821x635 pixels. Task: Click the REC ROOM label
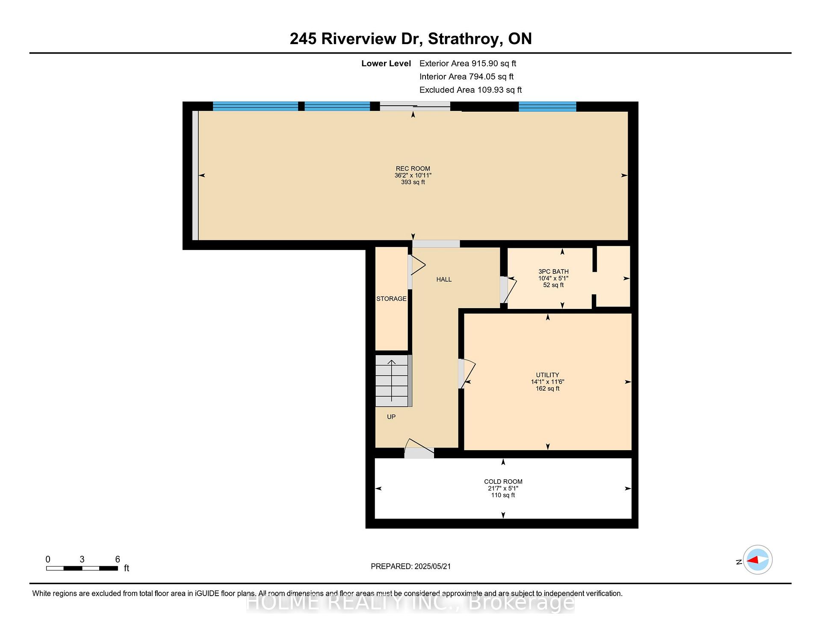(413, 169)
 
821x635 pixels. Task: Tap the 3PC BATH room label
(553, 272)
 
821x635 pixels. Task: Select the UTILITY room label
(547, 375)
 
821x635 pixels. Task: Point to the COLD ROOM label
(503, 482)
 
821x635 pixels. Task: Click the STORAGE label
(391, 299)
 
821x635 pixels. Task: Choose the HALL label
(444, 279)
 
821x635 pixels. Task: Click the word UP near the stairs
(391, 417)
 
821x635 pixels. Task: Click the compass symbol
(757, 560)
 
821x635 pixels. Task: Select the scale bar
(82, 568)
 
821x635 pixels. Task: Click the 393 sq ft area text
(413, 182)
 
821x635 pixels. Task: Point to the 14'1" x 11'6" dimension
(547, 382)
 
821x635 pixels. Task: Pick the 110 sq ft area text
(503, 495)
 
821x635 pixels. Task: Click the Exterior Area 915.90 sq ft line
(468, 64)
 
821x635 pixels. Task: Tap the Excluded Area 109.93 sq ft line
(470, 90)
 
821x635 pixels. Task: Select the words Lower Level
(386, 64)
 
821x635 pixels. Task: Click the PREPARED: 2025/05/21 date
(410, 567)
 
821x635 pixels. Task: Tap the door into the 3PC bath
(509, 290)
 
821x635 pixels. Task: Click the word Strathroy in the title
(464, 39)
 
